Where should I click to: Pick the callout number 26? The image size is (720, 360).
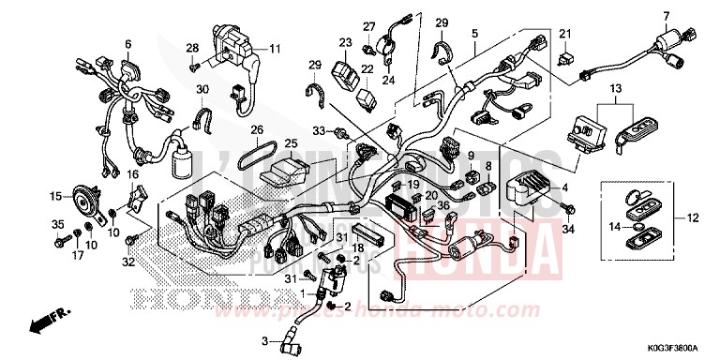point(257,129)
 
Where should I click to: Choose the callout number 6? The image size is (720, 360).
point(127,44)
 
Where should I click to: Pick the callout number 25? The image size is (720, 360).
point(291,143)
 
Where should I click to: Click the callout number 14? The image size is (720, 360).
point(613,226)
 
